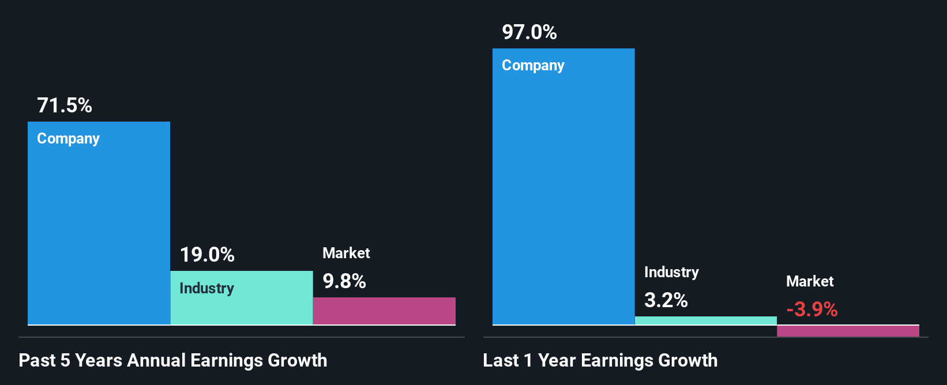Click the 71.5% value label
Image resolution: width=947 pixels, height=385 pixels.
[x=65, y=105]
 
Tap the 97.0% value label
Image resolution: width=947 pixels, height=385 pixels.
[x=529, y=32]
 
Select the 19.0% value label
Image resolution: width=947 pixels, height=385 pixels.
[x=207, y=255]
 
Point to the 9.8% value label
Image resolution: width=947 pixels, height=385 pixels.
[x=344, y=281]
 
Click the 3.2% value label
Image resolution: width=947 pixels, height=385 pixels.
[x=666, y=300]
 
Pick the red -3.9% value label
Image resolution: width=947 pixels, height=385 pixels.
[x=811, y=309]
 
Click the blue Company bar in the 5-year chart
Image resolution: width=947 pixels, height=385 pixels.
[x=99, y=231]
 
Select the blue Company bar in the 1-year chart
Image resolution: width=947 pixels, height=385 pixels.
[x=563, y=196]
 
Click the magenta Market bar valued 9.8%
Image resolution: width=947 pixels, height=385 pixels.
[x=384, y=311]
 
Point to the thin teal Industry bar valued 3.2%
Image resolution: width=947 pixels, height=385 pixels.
[x=706, y=320]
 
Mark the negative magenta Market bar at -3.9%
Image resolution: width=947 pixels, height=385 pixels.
[x=848, y=331]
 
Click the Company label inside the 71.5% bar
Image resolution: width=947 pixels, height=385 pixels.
[x=68, y=139]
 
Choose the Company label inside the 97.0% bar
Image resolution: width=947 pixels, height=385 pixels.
[x=533, y=66]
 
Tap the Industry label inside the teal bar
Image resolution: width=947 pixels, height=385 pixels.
[x=206, y=288]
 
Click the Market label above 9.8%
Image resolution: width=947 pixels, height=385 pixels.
[x=346, y=253]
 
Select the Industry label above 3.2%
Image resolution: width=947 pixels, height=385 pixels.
[x=671, y=272]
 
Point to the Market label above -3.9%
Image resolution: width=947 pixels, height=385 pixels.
[x=810, y=281]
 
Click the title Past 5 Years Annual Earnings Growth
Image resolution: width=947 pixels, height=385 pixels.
[x=173, y=360]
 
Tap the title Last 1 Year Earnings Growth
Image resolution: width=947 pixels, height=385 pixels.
[x=600, y=360]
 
